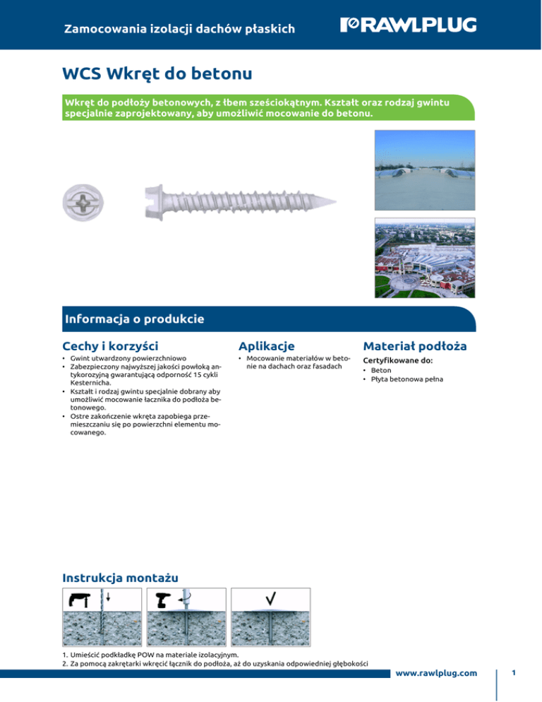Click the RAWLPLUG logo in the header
[408, 25]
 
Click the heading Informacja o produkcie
[133, 319]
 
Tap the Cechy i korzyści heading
[110, 345]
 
